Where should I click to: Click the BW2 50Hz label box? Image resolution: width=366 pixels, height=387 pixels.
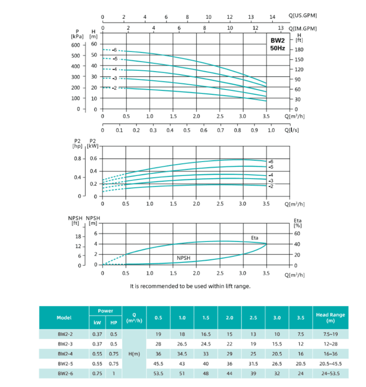pos(278,45)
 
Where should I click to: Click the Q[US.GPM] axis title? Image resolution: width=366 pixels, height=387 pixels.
pos(303,16)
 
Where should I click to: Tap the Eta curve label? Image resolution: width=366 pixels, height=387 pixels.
pos(255,238)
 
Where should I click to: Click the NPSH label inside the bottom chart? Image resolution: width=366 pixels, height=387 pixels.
pos(184,258)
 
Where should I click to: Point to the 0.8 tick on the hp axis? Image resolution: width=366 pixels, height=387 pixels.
pos(77,158)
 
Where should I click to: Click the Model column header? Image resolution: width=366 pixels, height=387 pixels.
pos(64,318)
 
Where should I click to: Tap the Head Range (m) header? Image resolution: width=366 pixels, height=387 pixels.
pos(330,318)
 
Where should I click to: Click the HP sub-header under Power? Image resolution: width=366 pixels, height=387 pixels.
pos(114,323)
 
